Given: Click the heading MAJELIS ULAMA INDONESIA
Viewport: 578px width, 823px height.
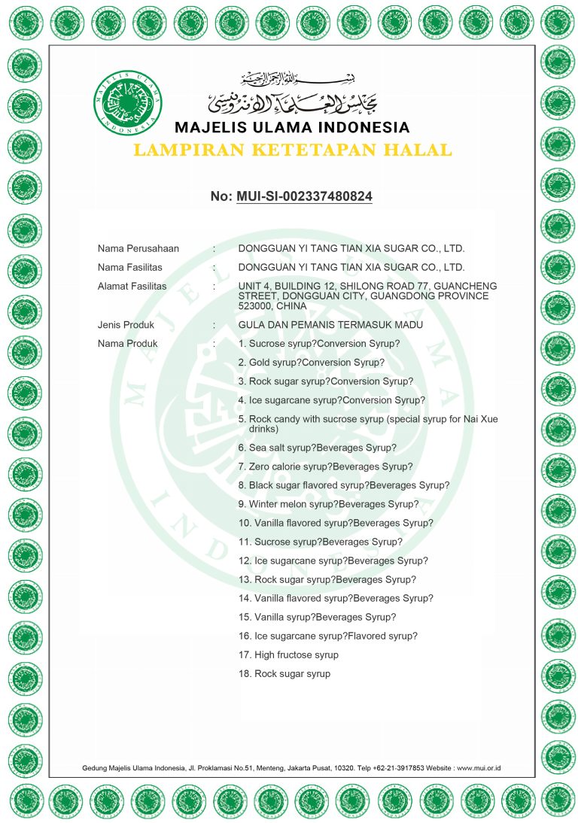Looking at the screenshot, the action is coord(292,126).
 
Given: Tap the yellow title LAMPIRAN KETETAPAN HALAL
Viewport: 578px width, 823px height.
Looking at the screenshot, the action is coord(292,150).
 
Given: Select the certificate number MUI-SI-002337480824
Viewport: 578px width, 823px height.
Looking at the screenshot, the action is coord(304,196).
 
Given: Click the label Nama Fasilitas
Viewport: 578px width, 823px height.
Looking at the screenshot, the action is coord(130,267).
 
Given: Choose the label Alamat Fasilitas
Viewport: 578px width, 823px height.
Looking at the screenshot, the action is coord(132,287).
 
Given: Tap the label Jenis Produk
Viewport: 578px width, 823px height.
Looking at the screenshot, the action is coord(126,325).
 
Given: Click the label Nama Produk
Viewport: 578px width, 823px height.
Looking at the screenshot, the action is coord(128,344).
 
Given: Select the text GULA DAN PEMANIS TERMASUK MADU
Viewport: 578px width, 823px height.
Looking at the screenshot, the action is coord(330,325).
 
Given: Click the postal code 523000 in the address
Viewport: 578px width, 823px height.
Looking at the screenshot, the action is coord(255,306).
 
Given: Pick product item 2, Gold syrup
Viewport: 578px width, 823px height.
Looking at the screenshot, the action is coord(311,363).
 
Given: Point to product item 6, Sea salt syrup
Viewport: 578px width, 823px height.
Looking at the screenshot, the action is coord(317,448).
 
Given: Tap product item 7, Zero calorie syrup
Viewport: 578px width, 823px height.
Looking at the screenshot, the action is coord(325,466).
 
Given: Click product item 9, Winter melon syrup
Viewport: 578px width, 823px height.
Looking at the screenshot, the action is coord(328,504).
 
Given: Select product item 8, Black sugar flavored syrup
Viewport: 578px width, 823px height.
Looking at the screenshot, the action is coord(344,485).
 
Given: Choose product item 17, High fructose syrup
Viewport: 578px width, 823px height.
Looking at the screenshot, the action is coord(288,655).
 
